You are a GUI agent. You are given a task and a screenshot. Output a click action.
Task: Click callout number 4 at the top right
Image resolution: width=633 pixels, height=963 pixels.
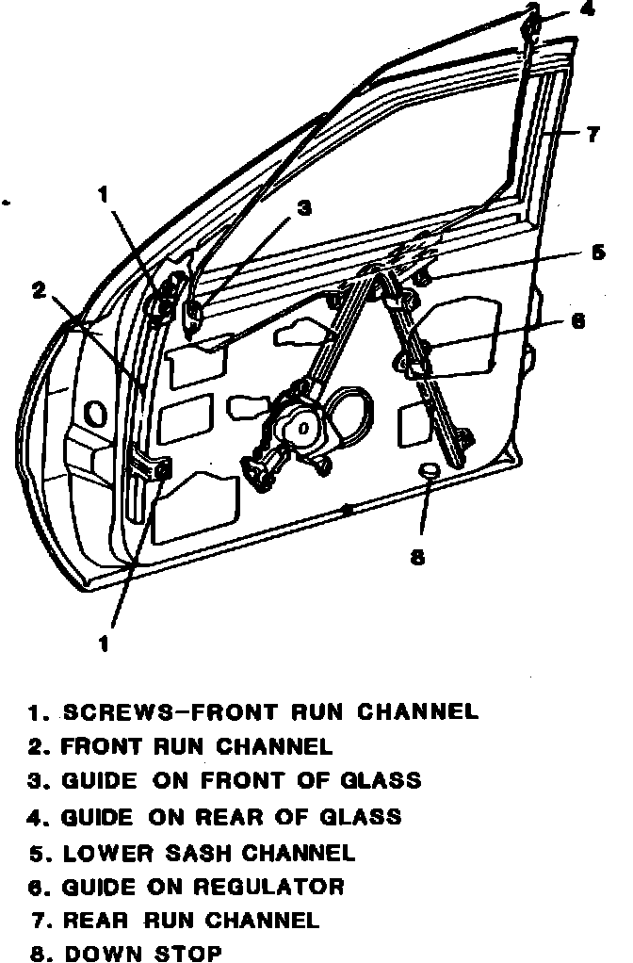point(587,11)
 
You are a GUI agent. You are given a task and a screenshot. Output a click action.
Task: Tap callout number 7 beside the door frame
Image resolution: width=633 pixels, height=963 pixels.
point(592,135)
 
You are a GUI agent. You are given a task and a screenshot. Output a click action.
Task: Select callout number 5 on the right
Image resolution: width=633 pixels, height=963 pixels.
point(597,253)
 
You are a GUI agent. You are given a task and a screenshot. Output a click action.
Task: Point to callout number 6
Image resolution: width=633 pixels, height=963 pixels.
point(577,321)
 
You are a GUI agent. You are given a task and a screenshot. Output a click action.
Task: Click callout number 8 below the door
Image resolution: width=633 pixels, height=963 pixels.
point(418,557)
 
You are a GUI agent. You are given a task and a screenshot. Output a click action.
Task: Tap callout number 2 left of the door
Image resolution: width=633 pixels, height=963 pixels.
point(39,290)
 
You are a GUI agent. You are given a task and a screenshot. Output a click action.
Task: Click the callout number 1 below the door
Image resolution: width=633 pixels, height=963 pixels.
point(104,645)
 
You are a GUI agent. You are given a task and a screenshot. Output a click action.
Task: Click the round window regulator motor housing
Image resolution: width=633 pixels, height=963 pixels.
point(303,426)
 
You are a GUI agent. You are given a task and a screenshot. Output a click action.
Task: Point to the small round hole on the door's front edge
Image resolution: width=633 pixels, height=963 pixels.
point(94,412)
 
